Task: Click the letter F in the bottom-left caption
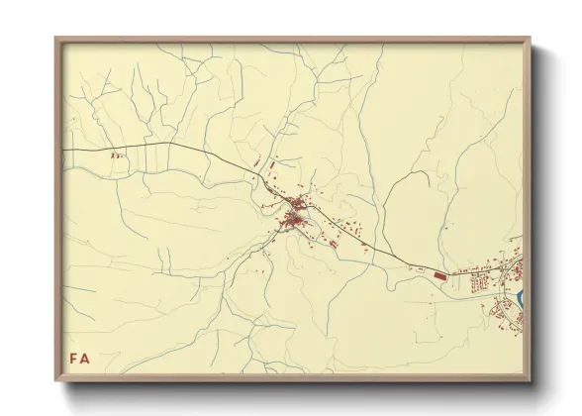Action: [x=71, y=359]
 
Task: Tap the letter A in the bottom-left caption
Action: [x=85, y=359]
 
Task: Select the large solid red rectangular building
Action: [x=440, y=274]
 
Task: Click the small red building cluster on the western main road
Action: [x=117, y=156]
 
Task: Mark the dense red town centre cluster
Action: [x=293, y=218]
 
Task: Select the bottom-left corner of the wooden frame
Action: [x=56, y=381]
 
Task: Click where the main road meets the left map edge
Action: [x=63, y=149]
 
